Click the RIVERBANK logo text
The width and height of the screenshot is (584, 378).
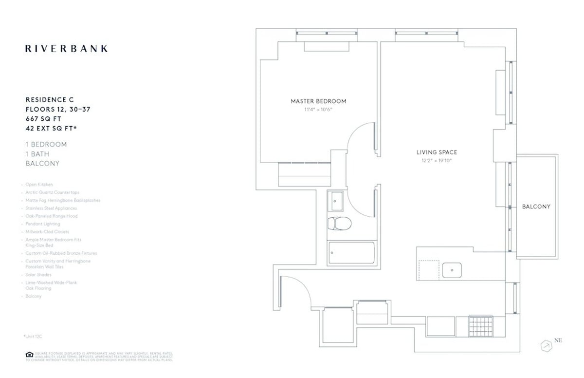66,49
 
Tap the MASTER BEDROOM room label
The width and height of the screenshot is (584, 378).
318,101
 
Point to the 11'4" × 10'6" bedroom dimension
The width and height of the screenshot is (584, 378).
318,110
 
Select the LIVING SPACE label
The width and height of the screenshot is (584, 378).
437,152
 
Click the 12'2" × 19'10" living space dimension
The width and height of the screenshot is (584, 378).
437,160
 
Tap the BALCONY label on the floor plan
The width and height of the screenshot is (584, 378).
536,207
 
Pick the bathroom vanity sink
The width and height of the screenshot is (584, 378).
336,200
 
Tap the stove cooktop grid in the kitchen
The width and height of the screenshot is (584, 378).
480,326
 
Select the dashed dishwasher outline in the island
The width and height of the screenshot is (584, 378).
429,269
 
